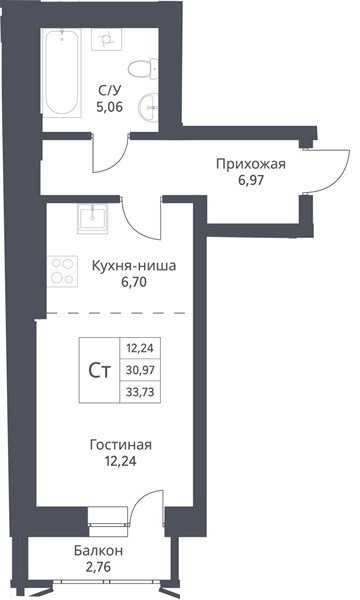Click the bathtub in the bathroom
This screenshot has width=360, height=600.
click(x=62, y=73)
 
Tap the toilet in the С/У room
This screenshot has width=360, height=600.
click(x=143, y=68)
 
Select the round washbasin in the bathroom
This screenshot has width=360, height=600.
click(x=148, y=108)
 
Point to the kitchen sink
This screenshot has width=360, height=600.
click(x=93, y=218)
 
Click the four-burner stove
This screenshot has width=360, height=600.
click(x=62, y=271)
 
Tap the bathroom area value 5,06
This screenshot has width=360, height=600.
click(x=110, y=107)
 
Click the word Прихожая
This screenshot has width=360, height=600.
click(x=251, y=164)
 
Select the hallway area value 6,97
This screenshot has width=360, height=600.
click(x=251, y=180)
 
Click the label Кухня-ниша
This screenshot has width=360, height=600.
click(x=134, y=266)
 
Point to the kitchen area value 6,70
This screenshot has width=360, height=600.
click(x=134, y=282)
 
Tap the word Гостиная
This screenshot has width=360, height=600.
click(x=121, y=445)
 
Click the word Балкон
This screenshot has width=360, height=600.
click(x=98, y=551)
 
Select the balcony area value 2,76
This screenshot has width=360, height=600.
click(x=98, y=567)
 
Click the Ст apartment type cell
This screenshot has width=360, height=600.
click(x=99, y=370)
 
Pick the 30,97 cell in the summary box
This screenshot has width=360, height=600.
click(x=140, y=370)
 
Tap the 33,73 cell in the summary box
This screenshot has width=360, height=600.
click(x=140, y=392)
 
